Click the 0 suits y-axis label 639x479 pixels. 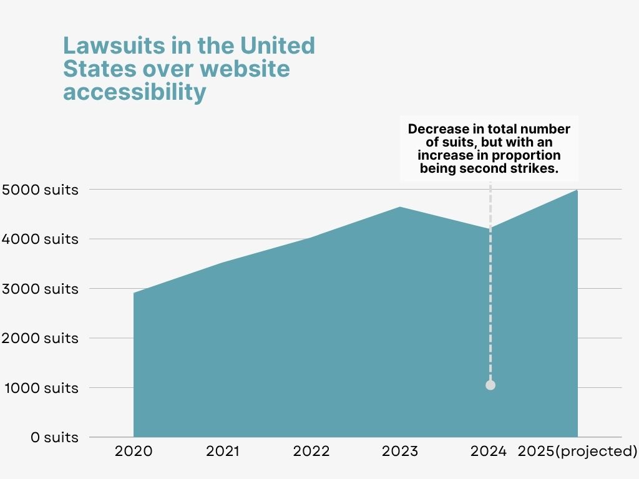pos(54,437)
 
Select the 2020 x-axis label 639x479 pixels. pos(134,452)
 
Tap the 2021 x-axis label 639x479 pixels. pos(222,452)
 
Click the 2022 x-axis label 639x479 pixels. pos(311,452)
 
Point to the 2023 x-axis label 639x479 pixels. pos(400,452)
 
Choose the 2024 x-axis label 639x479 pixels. pos(489,452)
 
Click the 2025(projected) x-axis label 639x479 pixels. pos(578,452)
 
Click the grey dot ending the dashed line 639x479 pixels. pos(490,385)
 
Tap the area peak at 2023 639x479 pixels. pos(400,208)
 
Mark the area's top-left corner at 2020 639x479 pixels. pos(134,293)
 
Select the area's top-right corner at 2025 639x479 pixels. pos(577,191)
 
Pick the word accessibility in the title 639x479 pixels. pos(134,92)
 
